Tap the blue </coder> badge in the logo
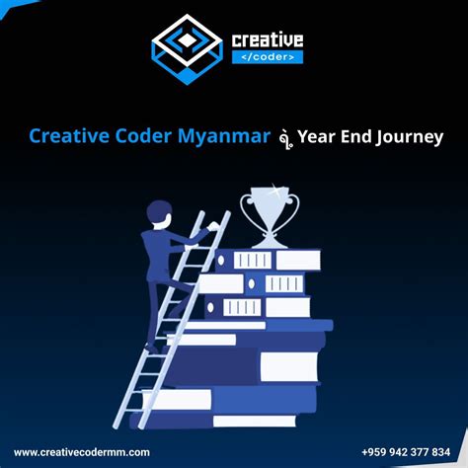click(267, 56)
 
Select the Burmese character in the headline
click(284, 137)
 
